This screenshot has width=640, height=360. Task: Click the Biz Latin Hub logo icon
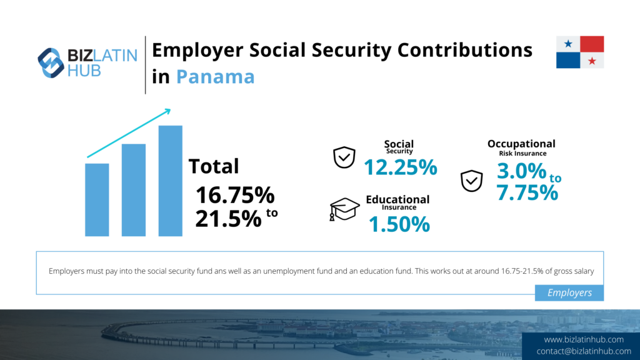tap(51, 63)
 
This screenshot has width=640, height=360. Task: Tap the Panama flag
tap(580, 52)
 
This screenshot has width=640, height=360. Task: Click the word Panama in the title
tap(216, 77)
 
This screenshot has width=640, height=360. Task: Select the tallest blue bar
tap(170, 181)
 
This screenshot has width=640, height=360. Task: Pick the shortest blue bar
tap(97, 200)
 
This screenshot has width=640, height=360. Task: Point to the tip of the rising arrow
tap(170, 109)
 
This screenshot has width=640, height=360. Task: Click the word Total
tap(214, 166)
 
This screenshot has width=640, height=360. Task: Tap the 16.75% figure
tap(235, 195)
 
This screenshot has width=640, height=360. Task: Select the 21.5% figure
tap(228, 219)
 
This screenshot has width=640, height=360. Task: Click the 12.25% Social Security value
tap(401, 167)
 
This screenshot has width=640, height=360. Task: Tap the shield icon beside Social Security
tap(344, 157)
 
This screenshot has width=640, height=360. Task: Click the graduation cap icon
tap(344, 209)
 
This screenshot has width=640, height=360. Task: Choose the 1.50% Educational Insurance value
tap(399, 224)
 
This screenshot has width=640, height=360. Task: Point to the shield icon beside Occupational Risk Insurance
tap(471, 181)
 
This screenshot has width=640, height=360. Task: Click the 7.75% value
tap(527, 192)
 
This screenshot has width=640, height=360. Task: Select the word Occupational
tap(521, 144)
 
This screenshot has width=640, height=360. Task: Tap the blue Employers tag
tap(569, 292)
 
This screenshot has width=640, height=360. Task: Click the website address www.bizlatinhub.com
tap(584, 339)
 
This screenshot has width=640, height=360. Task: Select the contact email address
tap(584, 351)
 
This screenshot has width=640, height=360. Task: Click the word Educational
tap(397, 199)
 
